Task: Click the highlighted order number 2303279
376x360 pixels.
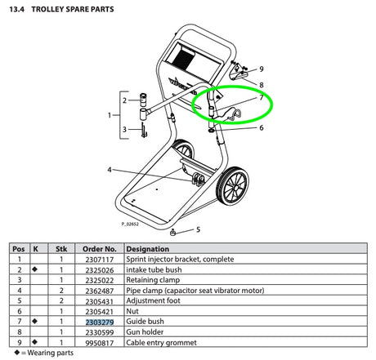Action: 100,322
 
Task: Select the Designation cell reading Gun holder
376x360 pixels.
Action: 145,332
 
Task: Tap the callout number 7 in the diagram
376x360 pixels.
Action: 262,97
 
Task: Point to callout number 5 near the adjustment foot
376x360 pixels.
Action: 198,229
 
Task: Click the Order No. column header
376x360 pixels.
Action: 100,249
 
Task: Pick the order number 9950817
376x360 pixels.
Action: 100,343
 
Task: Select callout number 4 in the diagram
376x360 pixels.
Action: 110,170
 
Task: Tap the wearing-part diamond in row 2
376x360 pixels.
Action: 34,269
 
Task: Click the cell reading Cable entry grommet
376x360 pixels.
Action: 161,343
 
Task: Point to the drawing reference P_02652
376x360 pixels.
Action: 130,224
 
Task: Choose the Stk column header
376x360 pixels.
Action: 61,249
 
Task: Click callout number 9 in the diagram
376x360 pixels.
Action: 262,69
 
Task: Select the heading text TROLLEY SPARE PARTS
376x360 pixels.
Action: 73,9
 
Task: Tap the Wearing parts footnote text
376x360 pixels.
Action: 50,353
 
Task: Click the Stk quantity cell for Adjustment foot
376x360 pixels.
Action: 61,301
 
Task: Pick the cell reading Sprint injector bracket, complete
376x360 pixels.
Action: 180,259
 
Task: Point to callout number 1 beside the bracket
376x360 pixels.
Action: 110,115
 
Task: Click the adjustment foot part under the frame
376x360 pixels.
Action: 172,233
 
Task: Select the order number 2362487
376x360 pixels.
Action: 100,291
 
